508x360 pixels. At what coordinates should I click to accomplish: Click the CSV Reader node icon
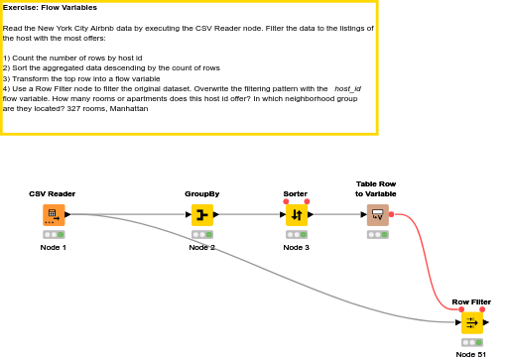click(54, 214)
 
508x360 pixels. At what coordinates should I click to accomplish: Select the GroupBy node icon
click(202, 214)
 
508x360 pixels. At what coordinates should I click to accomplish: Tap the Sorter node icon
click(297, 214)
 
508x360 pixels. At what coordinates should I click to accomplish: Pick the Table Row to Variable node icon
click(377, 214)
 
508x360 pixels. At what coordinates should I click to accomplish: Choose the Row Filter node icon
click(471, 322)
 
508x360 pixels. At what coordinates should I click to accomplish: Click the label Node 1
click(54, 247)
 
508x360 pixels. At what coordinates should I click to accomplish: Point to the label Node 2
click(202, 247)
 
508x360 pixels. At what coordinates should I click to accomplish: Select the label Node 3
click(297, 247)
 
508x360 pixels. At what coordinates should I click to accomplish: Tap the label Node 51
click(471, 354)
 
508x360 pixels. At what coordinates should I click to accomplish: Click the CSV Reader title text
click(53, 193)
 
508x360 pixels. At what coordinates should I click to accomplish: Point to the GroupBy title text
click(202, 193)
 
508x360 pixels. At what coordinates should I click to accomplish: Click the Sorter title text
click(296, 193)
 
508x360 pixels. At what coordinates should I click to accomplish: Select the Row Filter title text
click(471, 301)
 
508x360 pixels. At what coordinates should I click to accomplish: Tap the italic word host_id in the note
click(347, 89)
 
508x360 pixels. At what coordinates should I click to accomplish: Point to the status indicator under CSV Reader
click(54, 235)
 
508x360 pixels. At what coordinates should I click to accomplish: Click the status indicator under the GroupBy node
click(202, 235)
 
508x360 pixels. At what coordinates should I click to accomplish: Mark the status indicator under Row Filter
click(471, 342)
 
